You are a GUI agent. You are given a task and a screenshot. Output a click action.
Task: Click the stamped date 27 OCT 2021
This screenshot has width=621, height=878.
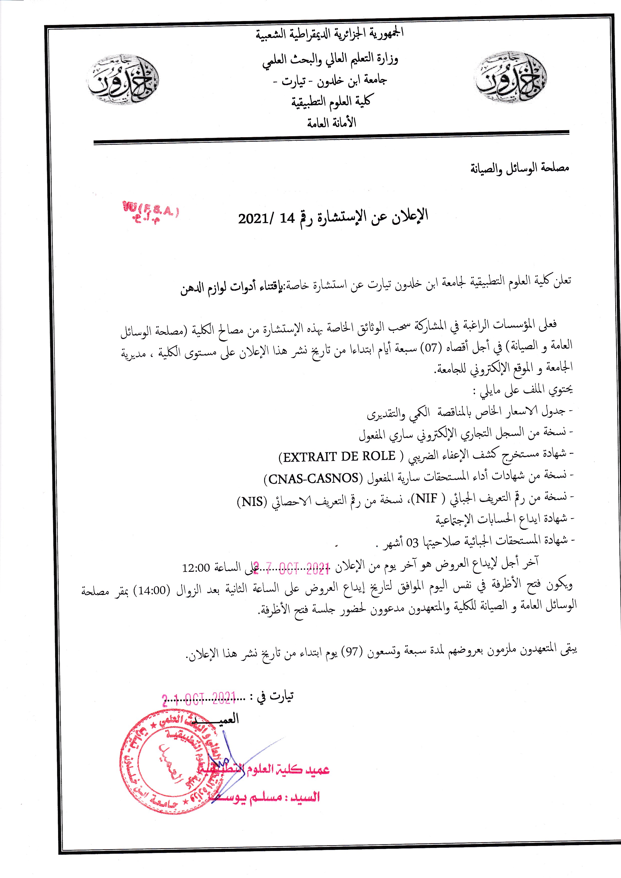[x=291, y=569]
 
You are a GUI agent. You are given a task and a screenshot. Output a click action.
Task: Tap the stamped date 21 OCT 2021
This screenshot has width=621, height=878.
[x=199, y=699]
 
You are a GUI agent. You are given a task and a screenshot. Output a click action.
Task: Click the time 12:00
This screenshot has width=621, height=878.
[x=196, y=568]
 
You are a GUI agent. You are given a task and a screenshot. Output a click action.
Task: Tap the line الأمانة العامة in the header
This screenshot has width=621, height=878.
[x=331, y=123]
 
